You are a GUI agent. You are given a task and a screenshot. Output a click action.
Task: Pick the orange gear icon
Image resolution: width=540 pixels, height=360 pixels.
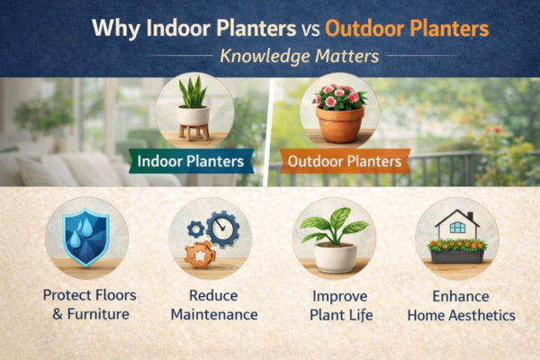click(201, 254)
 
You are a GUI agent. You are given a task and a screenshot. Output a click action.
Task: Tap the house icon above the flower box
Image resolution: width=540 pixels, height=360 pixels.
click(457, 222)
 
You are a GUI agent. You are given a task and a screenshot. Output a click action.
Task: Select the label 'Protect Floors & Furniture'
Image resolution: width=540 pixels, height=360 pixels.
click(86, 304)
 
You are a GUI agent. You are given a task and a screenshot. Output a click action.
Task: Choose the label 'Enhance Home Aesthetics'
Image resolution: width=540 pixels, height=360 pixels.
click(461, 304)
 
